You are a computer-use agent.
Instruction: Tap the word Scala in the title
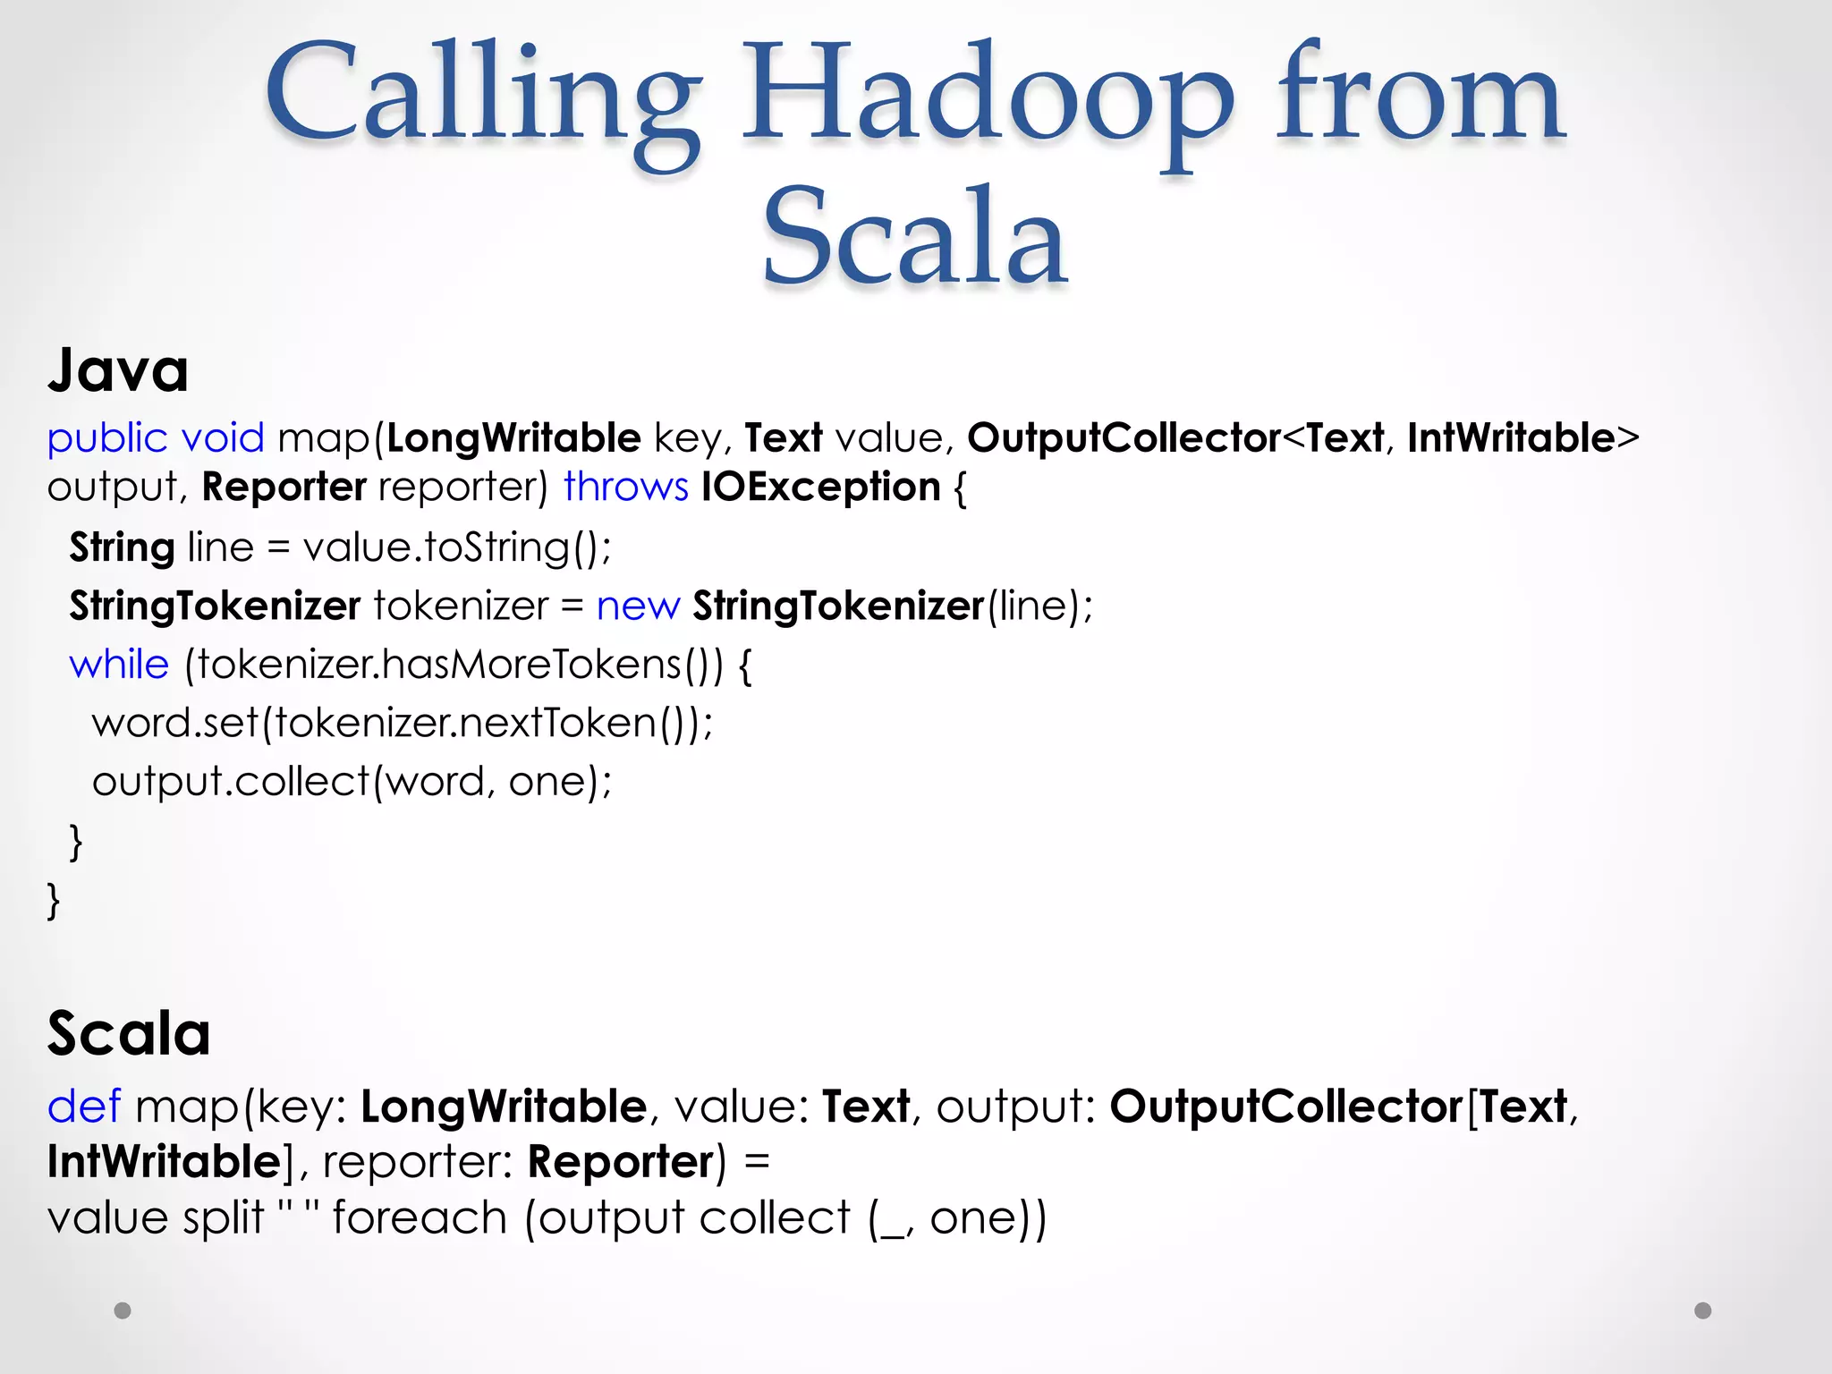[914, 238]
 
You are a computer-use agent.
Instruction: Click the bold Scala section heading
[129, 1033]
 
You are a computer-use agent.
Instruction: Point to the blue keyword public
[107, 438]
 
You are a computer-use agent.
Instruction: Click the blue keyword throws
[625, 488]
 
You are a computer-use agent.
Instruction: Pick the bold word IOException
[820, 488]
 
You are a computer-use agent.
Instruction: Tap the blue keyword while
[119, 665]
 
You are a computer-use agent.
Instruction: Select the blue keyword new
[638, 606]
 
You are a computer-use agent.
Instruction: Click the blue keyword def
[83, 1107]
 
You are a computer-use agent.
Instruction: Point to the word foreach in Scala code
[420, 1218]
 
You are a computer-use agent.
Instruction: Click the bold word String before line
[122, 547]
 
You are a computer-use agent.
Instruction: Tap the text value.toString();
[457, 547]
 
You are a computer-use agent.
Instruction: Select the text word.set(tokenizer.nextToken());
[403, 723]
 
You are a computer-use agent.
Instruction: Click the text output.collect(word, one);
[352, 782]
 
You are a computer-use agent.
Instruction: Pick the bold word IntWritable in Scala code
[165, 1162]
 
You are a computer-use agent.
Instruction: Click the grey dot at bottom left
[123, 1310]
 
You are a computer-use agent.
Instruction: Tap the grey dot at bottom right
[1703, 1310]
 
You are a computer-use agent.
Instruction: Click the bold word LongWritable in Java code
[513, 438]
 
